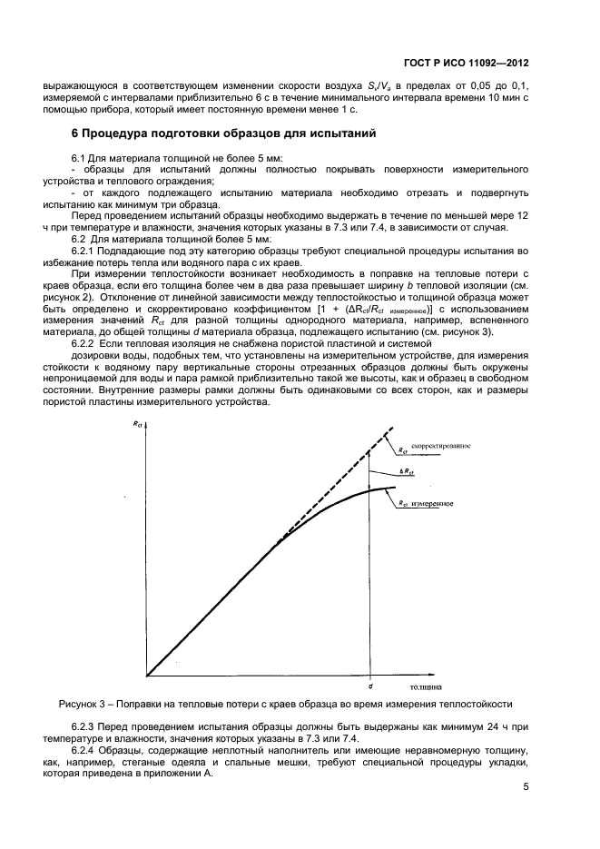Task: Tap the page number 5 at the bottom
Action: [526, 790]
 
